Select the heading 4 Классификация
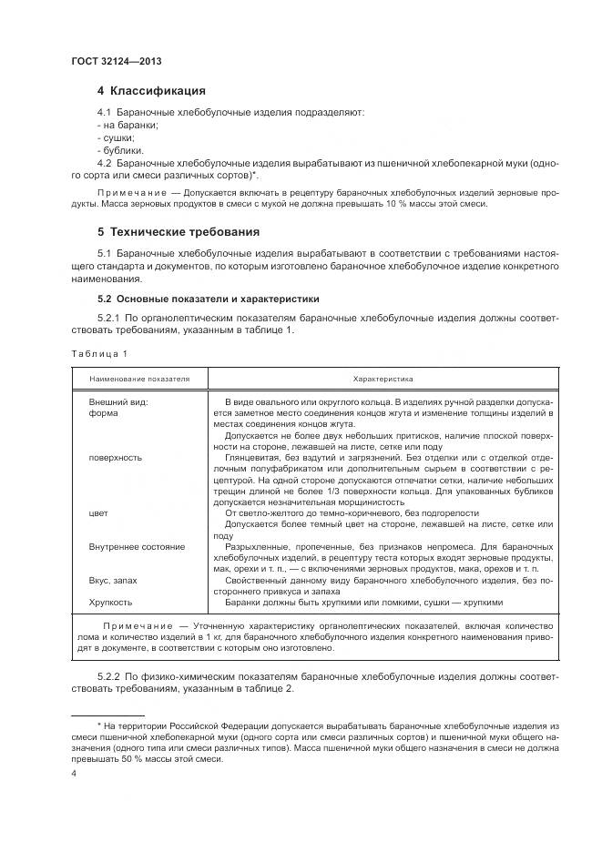[151, 91]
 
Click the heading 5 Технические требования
[179, 232]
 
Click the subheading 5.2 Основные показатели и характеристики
[208, 299]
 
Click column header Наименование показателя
[139, 378]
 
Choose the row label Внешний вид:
[117, 401]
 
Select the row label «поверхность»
[114, 459]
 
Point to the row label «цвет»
[98, 513]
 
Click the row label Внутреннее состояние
[137, 547]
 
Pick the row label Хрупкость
[110, 602]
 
